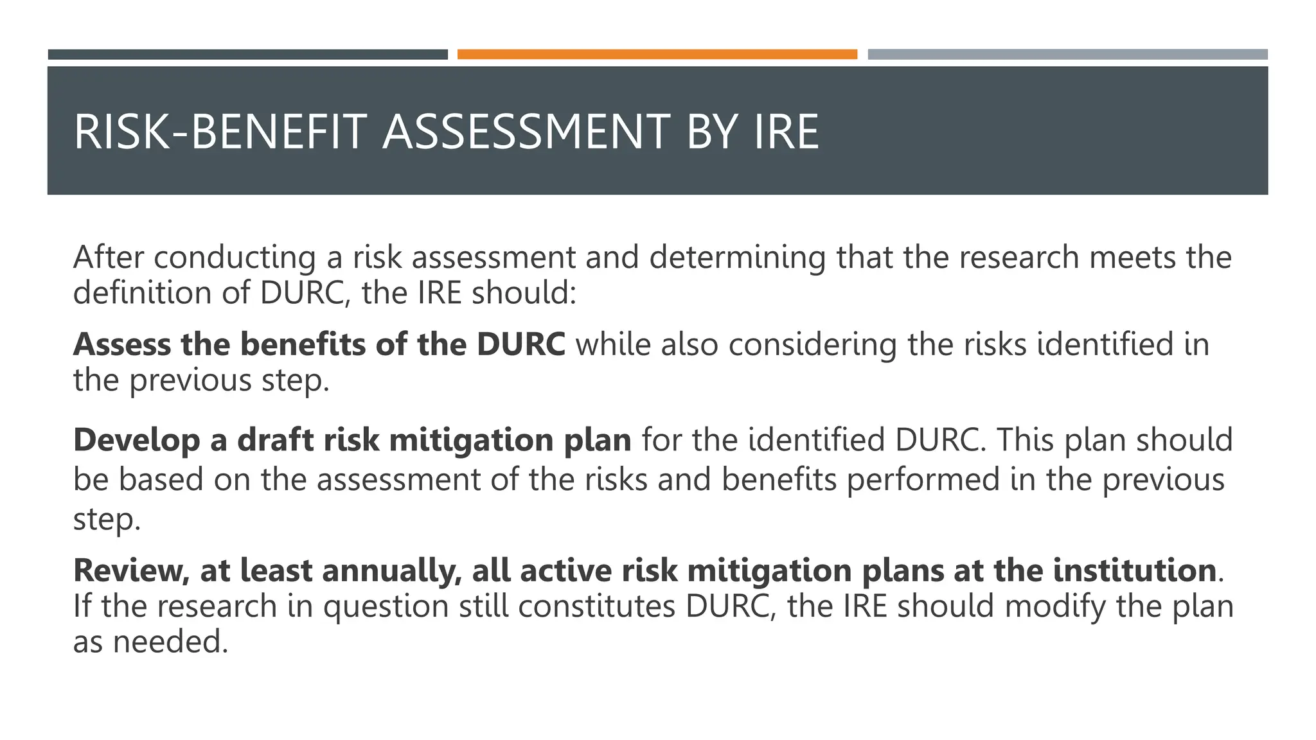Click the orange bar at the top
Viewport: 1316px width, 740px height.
pos(657,55)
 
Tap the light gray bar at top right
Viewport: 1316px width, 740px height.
pos(1067,55)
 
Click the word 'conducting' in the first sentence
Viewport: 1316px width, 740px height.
pos(235,258)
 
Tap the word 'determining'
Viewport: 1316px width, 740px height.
pos(737,258)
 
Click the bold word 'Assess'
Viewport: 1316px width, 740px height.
pos(122,345)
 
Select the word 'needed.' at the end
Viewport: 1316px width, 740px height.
pos(170,642)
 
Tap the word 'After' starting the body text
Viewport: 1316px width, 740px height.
pos(109,258)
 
